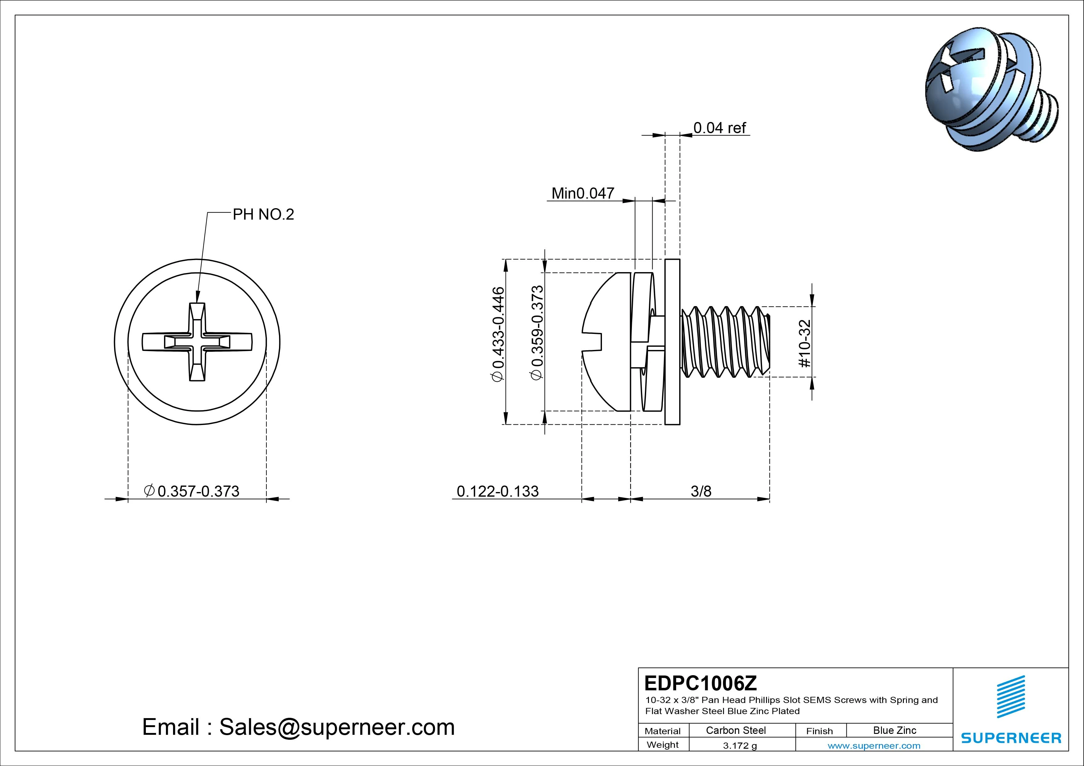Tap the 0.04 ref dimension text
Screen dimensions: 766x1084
pyautogui.click(x=719, y=128)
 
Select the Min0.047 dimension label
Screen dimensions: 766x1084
pyautogui.click(x=582, y=193)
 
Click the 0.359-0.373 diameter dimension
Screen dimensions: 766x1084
pyautogui.click(x=537, y=332)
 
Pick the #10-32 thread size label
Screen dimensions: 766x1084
pyautogui.click(x=804, y=343)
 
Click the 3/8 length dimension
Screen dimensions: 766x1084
pyautogui.click(x=701, y=491)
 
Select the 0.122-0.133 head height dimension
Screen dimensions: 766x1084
pyautogui.click(x=497, y=491)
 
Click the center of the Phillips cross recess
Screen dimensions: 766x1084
pyautogui.click(x=197, y=342)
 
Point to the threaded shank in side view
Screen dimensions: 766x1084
pyautogui.click(x=724, y=342)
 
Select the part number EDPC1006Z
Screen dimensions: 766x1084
pyautogui.click(x=700, y=683)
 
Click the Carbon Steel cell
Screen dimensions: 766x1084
pyautogui.click(x=735, y=730)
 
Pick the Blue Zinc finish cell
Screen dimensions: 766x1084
pyautogui.click(x=894, y=730)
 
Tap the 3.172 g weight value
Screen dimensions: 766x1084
pyautogui.click(x=740, y=746)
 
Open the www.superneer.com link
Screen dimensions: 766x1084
pyautogui.click(x=874, y=746)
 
